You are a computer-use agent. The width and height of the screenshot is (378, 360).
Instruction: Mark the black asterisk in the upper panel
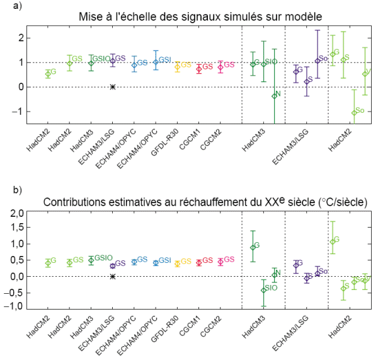(113, 87)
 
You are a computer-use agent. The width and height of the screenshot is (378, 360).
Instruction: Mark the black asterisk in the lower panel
(113, 276)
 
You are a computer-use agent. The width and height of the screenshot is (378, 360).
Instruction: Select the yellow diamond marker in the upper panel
(177, 66)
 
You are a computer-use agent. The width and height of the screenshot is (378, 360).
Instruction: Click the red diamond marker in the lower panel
(198, 262)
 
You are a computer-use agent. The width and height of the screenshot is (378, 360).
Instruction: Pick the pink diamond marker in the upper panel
(220, 66)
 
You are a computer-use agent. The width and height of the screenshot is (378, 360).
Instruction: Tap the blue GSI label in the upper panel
(165, 59)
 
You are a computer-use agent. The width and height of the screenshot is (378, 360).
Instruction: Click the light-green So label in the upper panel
(360, 110)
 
